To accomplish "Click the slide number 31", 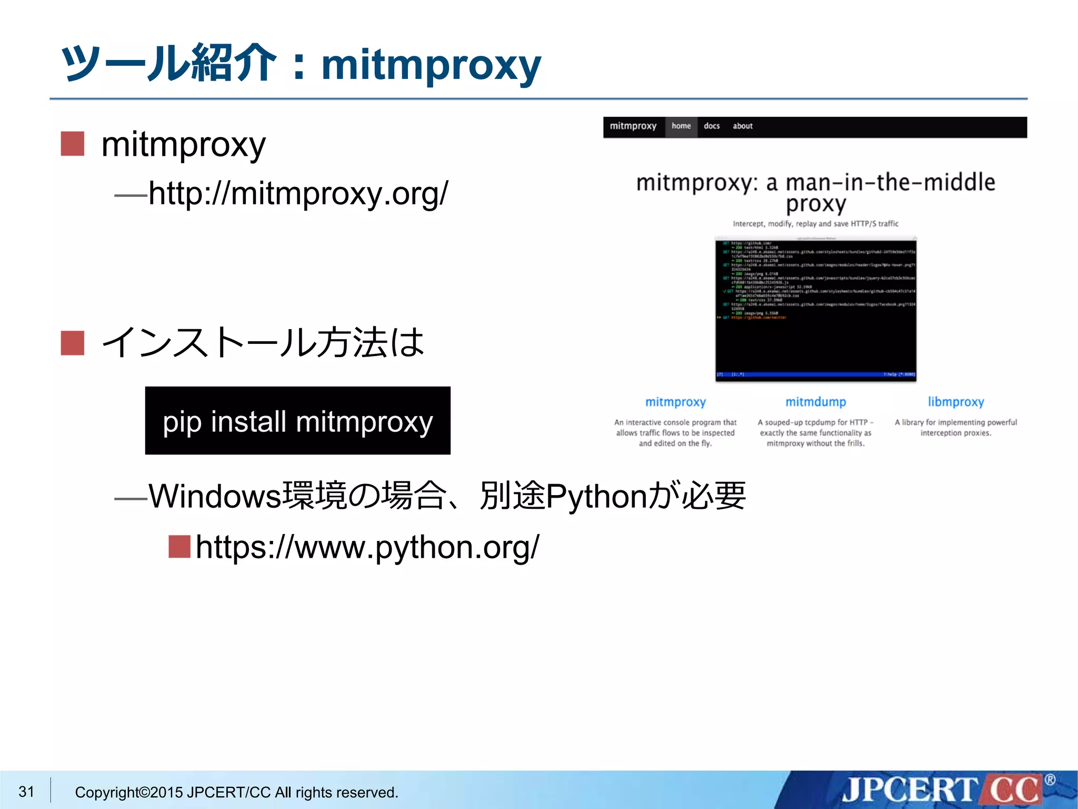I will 26,792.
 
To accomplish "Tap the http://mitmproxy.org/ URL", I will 298,194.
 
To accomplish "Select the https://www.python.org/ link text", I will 367,547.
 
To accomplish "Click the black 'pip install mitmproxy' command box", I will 297,421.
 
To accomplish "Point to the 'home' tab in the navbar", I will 681,126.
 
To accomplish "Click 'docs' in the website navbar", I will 712,126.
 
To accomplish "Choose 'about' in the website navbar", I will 742,126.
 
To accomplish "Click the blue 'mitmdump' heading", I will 815,402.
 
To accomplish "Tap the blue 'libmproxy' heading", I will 955,402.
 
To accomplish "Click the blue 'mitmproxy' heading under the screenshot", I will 675,402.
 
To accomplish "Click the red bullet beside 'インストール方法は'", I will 73,343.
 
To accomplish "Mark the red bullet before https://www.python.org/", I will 179,547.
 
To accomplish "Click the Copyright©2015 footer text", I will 236,792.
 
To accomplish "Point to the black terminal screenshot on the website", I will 815,310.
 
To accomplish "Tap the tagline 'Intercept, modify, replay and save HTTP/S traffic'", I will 815,224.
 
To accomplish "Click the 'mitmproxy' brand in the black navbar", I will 633,126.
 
